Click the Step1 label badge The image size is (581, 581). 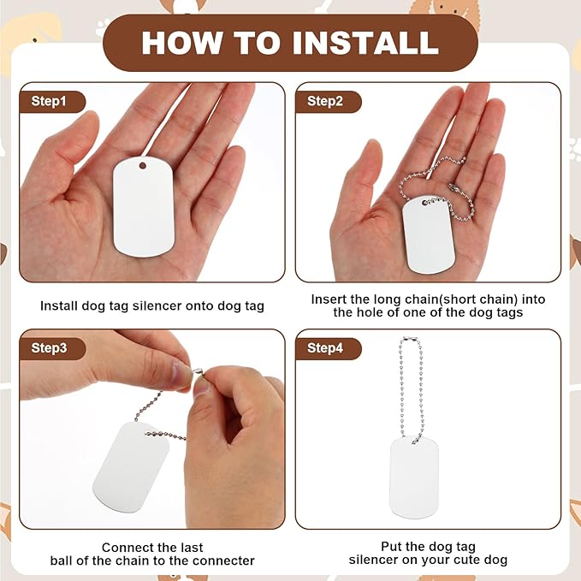52,101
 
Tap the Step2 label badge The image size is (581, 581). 328,101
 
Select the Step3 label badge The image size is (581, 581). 52,348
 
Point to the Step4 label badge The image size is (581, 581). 328,348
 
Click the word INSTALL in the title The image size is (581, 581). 365,43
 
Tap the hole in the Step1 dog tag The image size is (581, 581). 143,165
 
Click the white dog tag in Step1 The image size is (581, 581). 144,207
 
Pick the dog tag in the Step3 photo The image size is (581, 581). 130,467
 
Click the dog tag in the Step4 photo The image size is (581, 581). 414,477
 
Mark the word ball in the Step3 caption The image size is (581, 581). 62,560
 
